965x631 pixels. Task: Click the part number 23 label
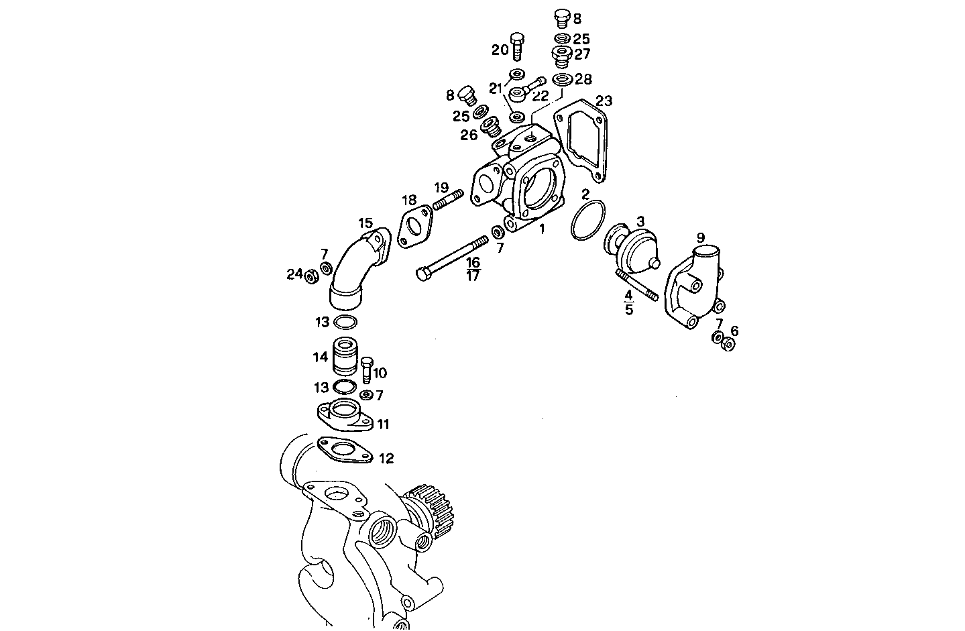(x=604, y=101)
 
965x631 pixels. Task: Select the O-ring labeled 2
(x=588, y=220)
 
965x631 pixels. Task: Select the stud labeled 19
(x=448, y=199)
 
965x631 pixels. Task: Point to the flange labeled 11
(x=344, y=414)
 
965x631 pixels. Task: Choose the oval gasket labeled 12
(x=345, y=449)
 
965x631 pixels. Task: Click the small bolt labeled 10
(x=366, y=369)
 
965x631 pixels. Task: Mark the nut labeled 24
(x=311, y=276)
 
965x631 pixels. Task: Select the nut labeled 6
(x=729, y=344)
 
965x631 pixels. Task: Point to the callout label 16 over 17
(x=473, y=268)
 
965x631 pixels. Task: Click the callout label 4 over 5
(x=628, y=302)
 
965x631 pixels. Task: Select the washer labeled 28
(x=562, y=80)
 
